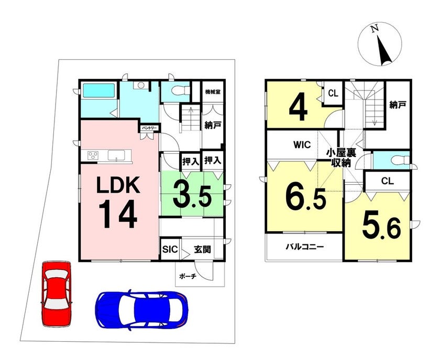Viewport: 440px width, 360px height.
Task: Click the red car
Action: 57,294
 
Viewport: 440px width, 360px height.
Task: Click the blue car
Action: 142,310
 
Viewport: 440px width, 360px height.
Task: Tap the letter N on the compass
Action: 374,29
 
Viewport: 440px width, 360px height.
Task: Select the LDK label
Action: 118,185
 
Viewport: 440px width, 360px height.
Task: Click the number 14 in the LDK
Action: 118,214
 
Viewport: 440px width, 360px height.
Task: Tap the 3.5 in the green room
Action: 192,193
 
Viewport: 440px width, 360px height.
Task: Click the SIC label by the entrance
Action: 170,249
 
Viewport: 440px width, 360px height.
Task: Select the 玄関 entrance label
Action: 203,249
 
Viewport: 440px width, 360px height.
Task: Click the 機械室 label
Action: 213,92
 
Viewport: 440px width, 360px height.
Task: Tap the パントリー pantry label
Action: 150,128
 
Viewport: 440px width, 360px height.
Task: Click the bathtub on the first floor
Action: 99,91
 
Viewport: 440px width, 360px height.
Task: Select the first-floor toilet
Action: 178,91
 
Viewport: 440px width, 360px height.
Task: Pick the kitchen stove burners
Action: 93,155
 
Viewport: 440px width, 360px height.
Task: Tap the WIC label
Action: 302,144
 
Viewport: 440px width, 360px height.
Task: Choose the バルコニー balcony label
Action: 305,247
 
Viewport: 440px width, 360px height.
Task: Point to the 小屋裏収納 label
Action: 341,158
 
